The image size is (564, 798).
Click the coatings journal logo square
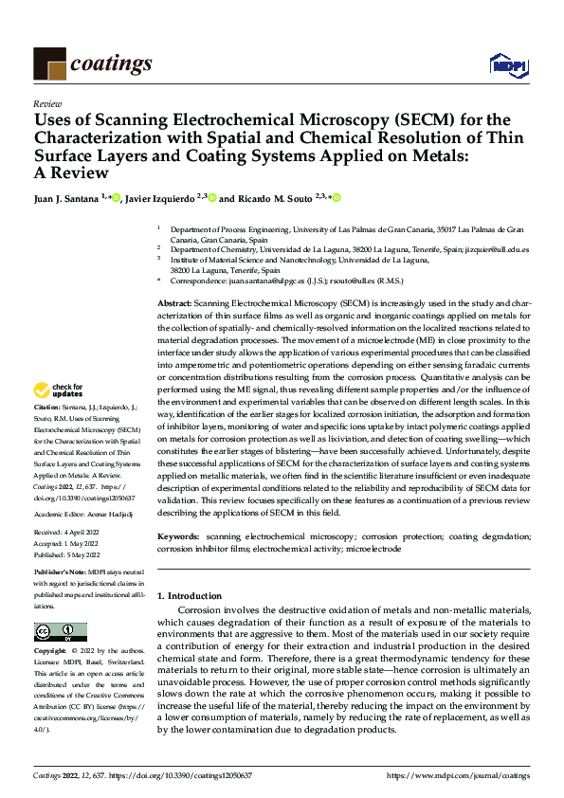pyautogui.click(x=49, y=63)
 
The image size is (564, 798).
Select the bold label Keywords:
pyautogui.click(x=178, y=537)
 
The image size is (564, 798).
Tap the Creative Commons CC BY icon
pyautogui.click(x=60, y=632)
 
